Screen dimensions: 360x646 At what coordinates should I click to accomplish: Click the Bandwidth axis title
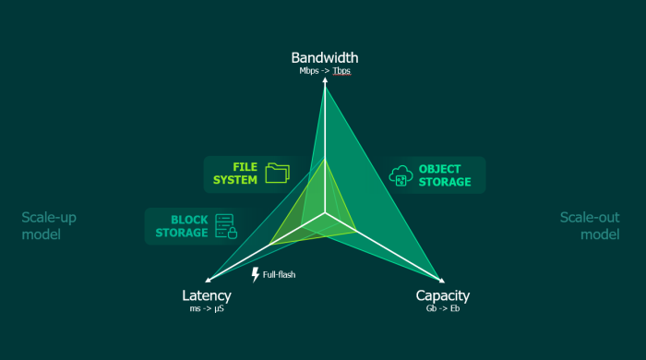(325, 58)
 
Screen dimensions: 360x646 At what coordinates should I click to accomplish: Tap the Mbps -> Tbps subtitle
(325, 71)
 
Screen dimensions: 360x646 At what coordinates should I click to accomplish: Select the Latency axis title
(207, 295)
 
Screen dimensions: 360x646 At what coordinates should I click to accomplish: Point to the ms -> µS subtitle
(207, 309)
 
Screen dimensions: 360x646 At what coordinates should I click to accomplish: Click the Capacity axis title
(443, 295)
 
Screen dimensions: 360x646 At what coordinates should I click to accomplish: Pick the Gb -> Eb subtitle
(443, 309)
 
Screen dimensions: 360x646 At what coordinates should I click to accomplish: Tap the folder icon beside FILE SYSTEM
(277, 173)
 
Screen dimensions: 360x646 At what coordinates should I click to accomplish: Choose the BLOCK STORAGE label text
(183, 226)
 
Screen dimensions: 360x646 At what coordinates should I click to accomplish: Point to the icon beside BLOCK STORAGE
(225, 226)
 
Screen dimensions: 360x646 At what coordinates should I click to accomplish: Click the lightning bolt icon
(256, 274)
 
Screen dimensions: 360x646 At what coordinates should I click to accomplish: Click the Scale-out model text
(589, 226)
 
